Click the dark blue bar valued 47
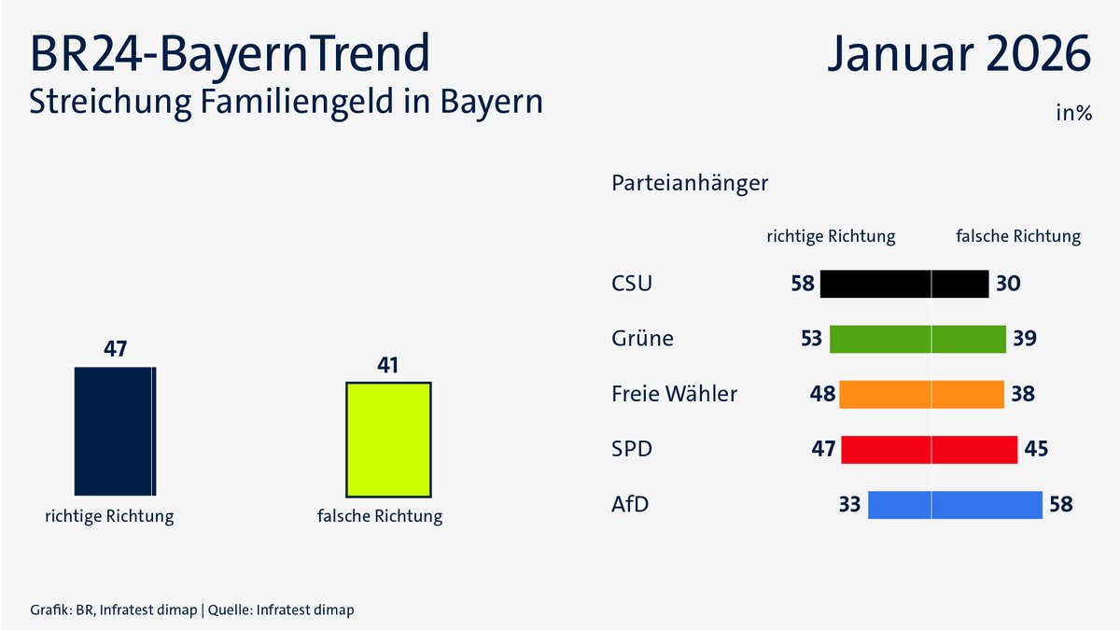pyautogui.click(x=115, y=430)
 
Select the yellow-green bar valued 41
pyautogui.click(x=388, y=439)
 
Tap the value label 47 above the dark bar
pyautogui.click(x=115, y=349)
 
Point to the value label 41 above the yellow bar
pyautogui.click(x=388, y=365)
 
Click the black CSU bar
pyautogui.click(x=903, y=284)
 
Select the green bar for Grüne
pyautogui.click(x=917, y=339)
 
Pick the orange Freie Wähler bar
pyautogui.click(x=921, y=394)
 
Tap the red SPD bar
pyautogui.click(x=929, y=449)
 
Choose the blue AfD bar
pyautogui.click(x=955, y=505)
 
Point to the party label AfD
pyautogui.click(x=630, y=505)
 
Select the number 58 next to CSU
pyautogui.click(x=803, y=284)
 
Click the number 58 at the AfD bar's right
pyautogui.click(x=1060, y=505)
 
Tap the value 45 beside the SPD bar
pyautogui.click(x=1036, y=449)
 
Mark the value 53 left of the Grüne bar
pyautogui.click(x=811, y=339)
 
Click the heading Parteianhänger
pyautogui.click(x=690, y=183)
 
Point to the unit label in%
pyautogui.click(x=1073, y=113)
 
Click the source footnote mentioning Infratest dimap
pyautogui.click(x=192, y=609)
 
